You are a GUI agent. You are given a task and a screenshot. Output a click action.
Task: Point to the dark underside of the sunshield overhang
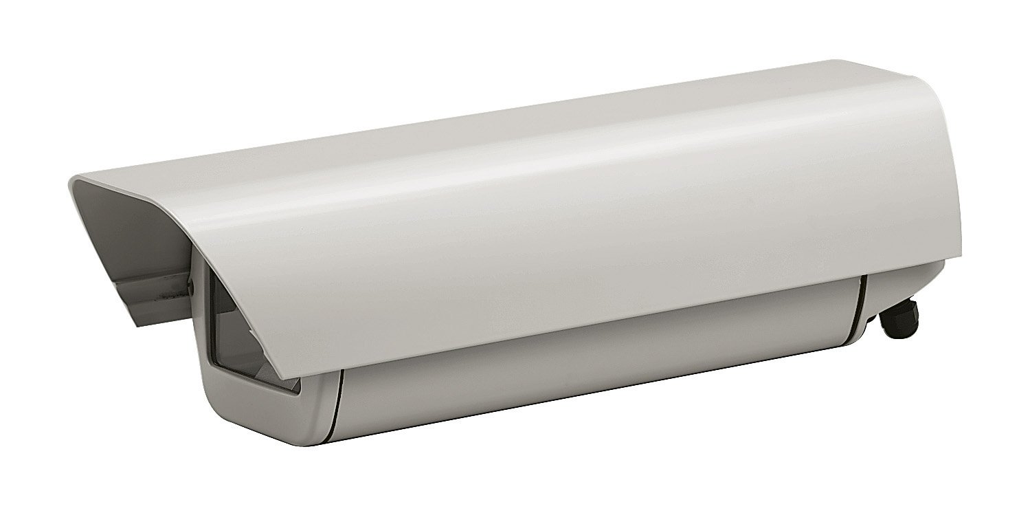click(x=117, y=227)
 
